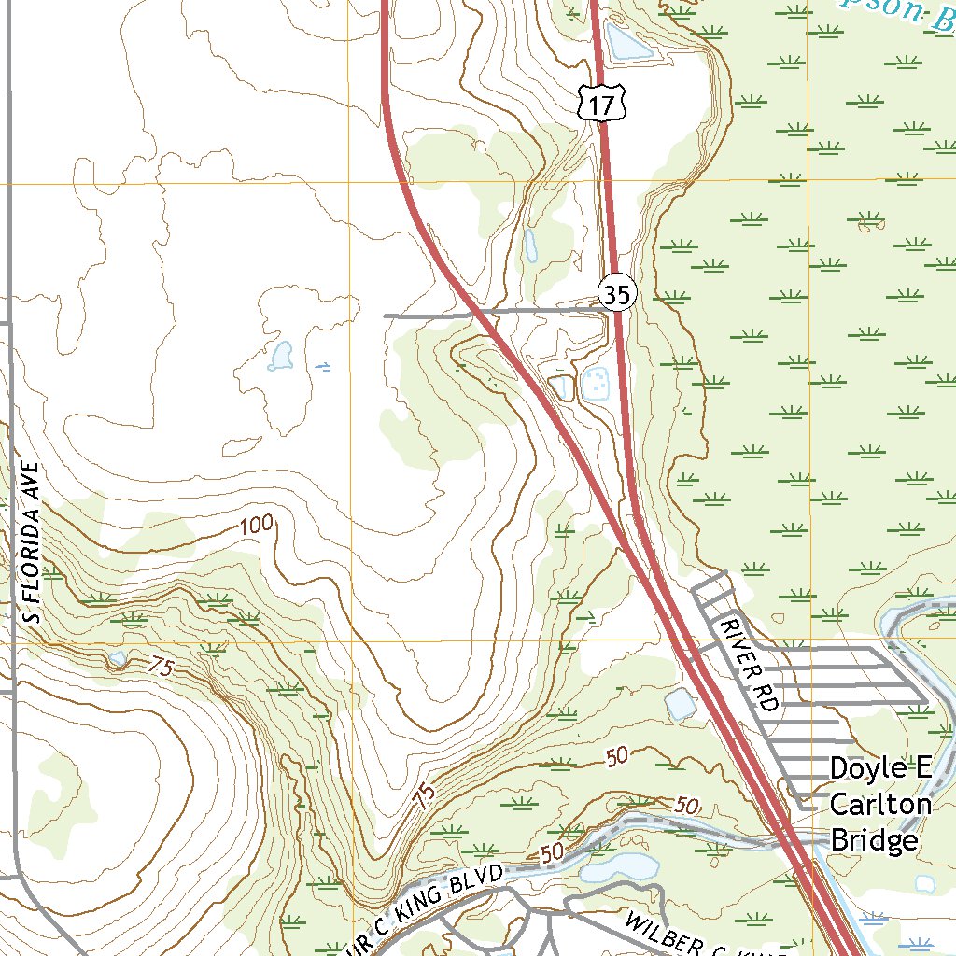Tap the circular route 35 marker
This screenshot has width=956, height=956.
(616, 294)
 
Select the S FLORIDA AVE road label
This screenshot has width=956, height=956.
(33, 541)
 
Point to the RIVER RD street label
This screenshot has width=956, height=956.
(749, 664)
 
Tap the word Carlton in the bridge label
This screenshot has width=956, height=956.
(880, 805)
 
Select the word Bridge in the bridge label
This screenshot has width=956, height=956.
(874, 840)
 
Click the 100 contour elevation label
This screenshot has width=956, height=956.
(257, 526)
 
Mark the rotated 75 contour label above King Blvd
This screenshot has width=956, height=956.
(425, 796)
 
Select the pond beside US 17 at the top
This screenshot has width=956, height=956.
(625, 41)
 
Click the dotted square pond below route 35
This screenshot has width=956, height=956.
(596, 383)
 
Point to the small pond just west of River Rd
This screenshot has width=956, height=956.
(681, 703)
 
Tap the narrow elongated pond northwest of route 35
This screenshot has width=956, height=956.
(530, 245)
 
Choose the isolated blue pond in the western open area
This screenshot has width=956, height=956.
(279, 356)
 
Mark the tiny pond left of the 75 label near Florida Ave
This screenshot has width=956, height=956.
(117, 658)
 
